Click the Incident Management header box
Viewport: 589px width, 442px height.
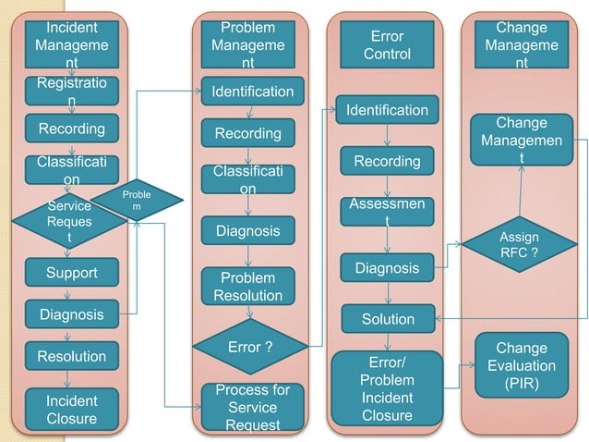(x=71, y=44)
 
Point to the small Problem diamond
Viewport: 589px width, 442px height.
(x=136, y=200)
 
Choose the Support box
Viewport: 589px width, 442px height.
(x=71, y=273)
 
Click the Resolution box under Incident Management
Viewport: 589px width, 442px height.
(x=71, y=356)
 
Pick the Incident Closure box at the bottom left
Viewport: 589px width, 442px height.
(x=71, y=410)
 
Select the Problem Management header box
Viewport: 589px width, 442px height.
(x=248, y=44)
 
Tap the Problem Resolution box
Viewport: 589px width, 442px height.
(x=248, y=287)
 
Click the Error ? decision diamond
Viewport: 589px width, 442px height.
(x=248, y=348)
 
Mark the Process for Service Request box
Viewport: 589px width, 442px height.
(x=252, y=407)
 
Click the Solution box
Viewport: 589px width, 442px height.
(x=388, y=319)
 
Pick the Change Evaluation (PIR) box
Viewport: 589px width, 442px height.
(x=522, y=365)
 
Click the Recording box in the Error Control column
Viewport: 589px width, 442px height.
(x=387, y=162)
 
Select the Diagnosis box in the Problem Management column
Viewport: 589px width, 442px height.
(x=248, y=231)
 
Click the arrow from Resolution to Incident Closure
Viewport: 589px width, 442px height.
(x=71, y=379)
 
